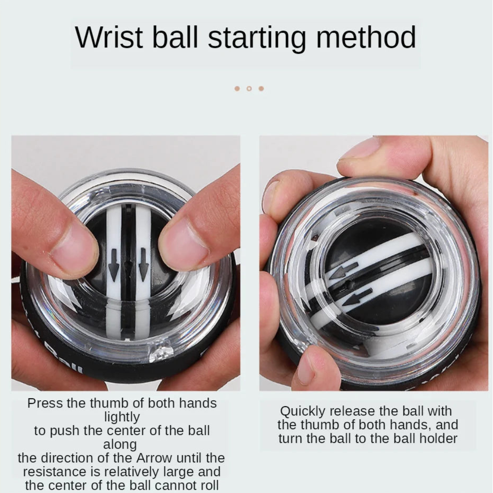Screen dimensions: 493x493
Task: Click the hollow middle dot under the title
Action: (249, 89)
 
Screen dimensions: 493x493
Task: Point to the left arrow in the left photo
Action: (114, 268)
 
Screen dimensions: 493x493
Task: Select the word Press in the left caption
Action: (44, 403)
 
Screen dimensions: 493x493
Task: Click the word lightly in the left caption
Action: (121, 417)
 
